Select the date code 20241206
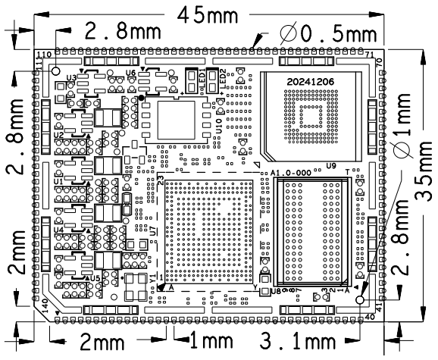(x=312, y=80)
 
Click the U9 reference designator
(x=331, y=165)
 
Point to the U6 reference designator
(x=130, y=73)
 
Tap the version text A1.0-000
(x=291, y=174)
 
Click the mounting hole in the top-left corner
(x=56, y=70)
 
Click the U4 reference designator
(x=59, y=229)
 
